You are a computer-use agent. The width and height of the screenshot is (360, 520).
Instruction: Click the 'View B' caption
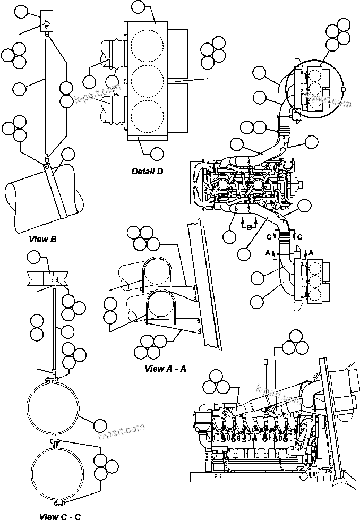(x=44, y=239)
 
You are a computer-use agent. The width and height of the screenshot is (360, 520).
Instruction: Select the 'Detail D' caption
(x=147, y=171)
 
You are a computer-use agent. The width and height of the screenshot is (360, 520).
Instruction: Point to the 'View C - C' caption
(x=60, y=516)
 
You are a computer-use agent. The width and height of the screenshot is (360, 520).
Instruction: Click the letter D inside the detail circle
(x=343, y=90)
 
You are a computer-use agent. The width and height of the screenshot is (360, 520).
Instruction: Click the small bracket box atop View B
(x=47, y=21)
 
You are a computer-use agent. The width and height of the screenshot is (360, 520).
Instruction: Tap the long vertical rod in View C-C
(x=54, y=329)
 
